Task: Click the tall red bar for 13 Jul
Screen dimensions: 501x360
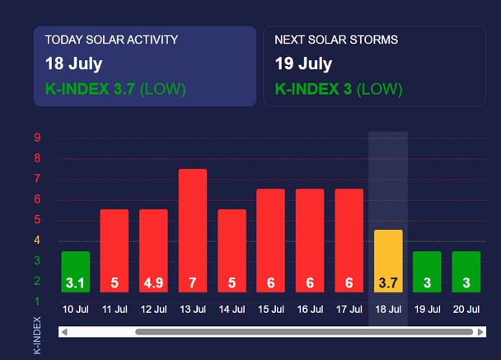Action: (193, 231)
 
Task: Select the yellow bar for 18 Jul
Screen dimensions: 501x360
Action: (388, 261)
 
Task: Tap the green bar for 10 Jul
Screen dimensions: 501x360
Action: (76, 272)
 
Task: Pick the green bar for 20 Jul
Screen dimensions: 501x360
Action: (466, 272)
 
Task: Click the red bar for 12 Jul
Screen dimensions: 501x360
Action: (153, 250)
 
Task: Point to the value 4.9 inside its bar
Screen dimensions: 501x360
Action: (153, 283)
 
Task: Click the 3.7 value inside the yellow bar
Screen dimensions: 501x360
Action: (388, 283)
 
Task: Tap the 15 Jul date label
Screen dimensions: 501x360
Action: (271, 309)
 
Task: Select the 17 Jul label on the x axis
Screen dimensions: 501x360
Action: (349, 309)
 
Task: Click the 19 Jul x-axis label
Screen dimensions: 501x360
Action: (427, 309)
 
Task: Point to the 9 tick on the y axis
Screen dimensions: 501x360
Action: (37, 138)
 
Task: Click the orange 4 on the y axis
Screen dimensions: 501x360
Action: (37, 240)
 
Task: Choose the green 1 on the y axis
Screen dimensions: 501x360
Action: (37, 302)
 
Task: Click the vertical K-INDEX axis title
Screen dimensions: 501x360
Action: (37, 335)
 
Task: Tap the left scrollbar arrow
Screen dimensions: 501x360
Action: (64, 332)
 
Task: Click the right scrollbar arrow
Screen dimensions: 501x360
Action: (480, 332)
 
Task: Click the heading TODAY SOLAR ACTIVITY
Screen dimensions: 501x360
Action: (111, 40)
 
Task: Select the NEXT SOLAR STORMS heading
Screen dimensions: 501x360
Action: (336, 40)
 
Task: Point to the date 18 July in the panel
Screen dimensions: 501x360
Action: (74, 63)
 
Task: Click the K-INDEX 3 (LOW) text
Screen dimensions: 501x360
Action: (339, 89)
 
